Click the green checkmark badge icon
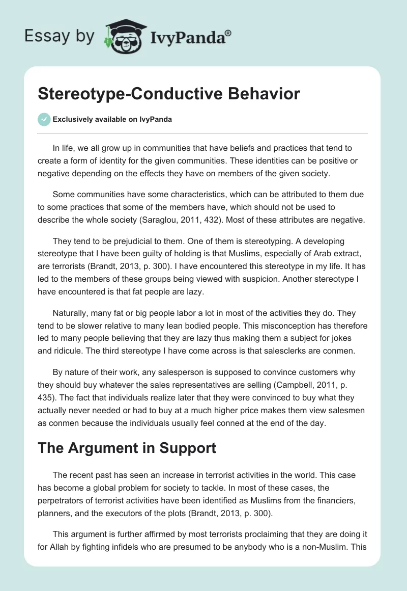point(44,119)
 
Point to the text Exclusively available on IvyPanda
point(112,119)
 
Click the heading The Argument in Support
point(127,448)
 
